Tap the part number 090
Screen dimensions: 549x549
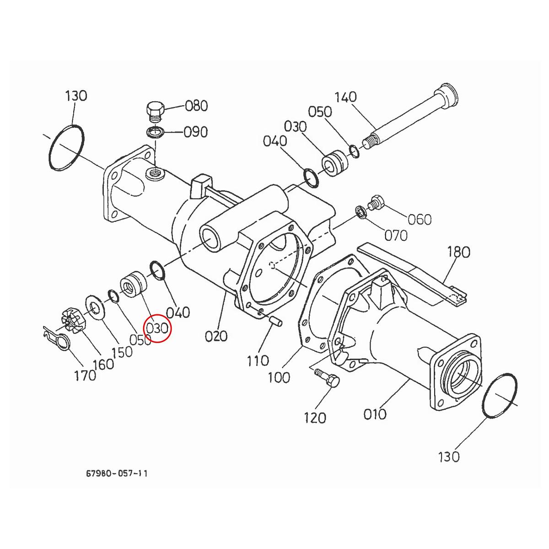[195, 132]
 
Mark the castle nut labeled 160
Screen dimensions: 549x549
[72, 320]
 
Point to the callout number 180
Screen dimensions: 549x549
[458, 252]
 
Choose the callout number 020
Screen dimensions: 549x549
[215, 336]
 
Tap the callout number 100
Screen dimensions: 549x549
[279, 377]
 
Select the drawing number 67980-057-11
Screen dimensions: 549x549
[117, 473]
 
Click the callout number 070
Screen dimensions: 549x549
[395, 236]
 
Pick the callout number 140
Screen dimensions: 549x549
[346, 97]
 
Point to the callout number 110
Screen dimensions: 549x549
[258, 361]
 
